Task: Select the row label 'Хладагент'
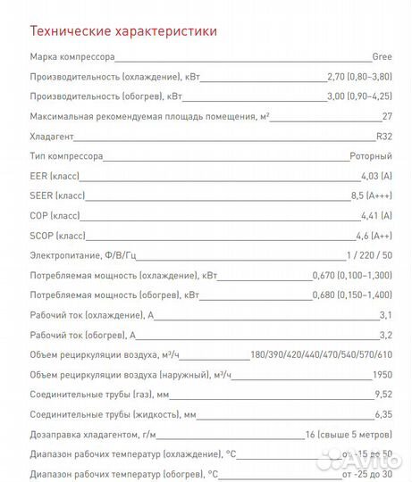point(52,137)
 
